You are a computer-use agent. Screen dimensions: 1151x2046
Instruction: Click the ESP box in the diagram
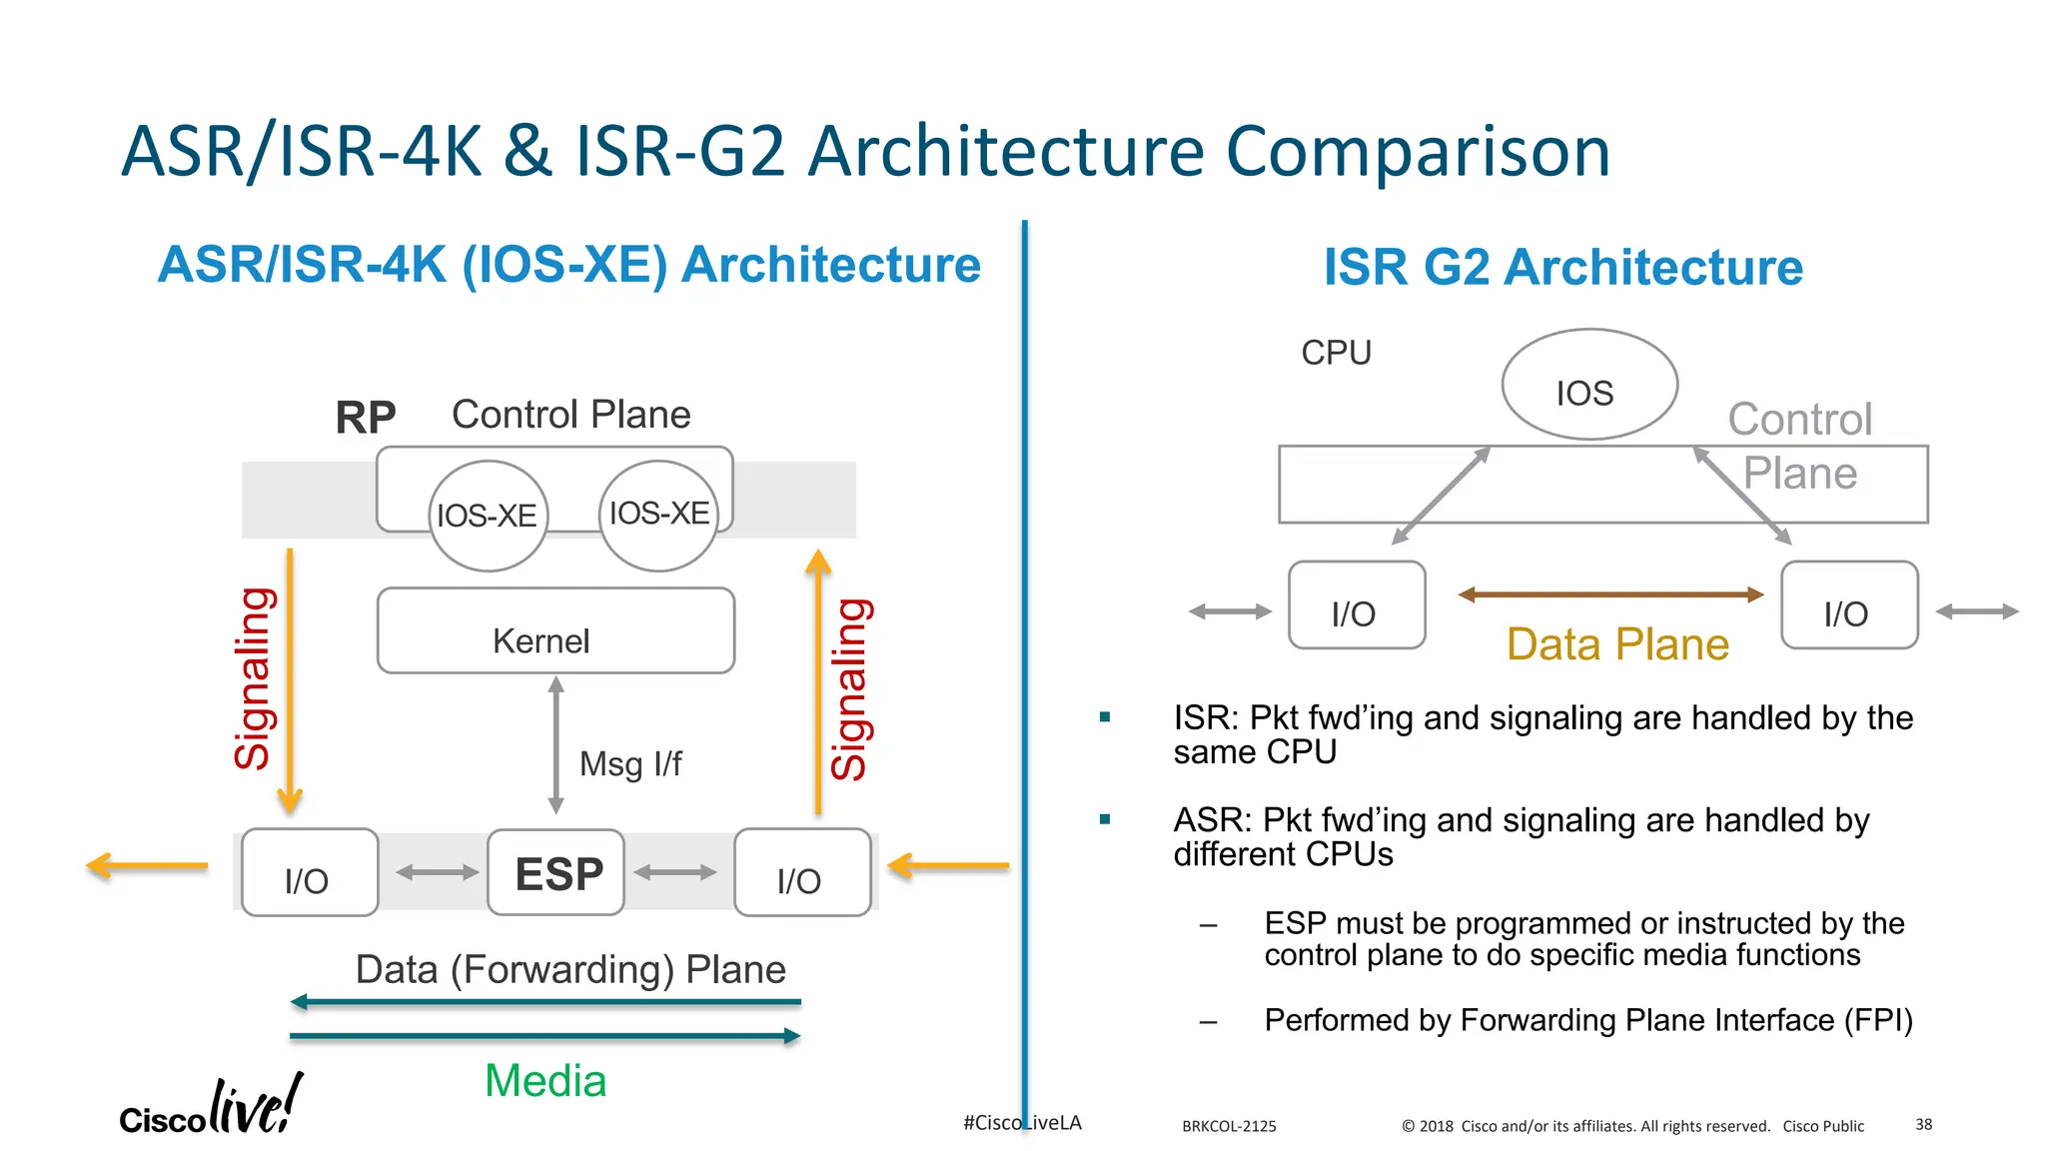click(x=556, y=872)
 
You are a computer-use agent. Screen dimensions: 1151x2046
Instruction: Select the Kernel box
click(x=555, y=631)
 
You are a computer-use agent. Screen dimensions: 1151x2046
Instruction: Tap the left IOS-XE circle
click(x=489, y=516)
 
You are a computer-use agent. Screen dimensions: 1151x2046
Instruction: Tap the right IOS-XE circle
click(x=658, y=515)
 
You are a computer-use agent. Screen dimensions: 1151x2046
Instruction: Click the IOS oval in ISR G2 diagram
click(x=1588, y=385)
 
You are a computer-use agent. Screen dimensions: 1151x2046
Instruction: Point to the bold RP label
click(x=366, y=417)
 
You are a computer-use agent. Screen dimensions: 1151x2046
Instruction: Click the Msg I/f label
click(x=630, y=764)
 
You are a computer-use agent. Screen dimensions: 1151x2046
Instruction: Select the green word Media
click(x=545, y=1081)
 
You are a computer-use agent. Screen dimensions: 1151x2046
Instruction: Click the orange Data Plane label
click(x=1617, y=644)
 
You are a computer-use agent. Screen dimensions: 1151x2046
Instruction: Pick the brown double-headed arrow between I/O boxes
click(x=1610, y=594)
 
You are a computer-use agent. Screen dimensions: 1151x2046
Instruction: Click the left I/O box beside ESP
click(x=310, y=872)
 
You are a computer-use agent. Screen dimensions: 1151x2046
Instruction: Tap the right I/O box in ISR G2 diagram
click(x=1848, y=605)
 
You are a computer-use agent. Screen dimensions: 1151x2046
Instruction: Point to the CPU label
click(x=1336, y=353)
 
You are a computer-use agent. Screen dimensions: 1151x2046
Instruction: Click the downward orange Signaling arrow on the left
click(x=290, y=679)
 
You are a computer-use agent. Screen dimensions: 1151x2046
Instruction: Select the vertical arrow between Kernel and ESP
click(x=556, y=744)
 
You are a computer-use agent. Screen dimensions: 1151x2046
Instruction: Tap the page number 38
click(x=1923, y=1125)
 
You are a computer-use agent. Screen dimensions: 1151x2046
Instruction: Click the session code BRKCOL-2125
click(x=1229, y=1126)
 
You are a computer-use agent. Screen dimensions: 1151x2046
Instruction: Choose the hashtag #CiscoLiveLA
click(x=1021, y=1123)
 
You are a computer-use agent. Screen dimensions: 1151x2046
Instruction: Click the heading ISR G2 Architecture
click(x=1562, y=268)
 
